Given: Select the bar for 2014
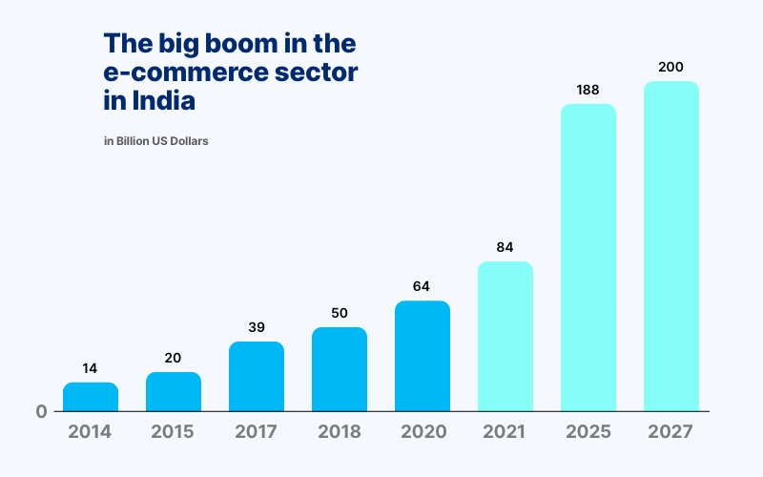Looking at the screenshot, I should [x=91, y=397].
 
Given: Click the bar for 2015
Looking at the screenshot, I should [x=174, y=392].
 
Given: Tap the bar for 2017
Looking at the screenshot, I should [x=257, y=377].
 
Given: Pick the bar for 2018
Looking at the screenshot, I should [x=340, y=369].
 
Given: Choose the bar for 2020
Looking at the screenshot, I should [x=423, y=356].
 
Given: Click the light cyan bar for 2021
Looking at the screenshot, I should [x=505, y=336].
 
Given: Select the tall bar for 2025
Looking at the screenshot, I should [x=588, y=258].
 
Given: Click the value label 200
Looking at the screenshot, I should [x=671, y=67].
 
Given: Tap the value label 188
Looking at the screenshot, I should [x=588, y=90].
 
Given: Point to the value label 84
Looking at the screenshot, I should [x=505, y=247].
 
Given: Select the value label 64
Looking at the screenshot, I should [x=423, y=286].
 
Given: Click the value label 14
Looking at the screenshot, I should [x=91, y=368].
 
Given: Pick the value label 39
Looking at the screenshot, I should [x=257, y=327].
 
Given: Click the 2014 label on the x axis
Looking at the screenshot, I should [x=91, y=431].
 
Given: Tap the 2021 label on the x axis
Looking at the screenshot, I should [x=505, y=431].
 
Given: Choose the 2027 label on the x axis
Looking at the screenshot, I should [x=671, y=431].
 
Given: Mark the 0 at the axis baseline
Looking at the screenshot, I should [x=42, y=412].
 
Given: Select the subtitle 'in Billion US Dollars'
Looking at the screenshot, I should [x=155, y=141].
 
